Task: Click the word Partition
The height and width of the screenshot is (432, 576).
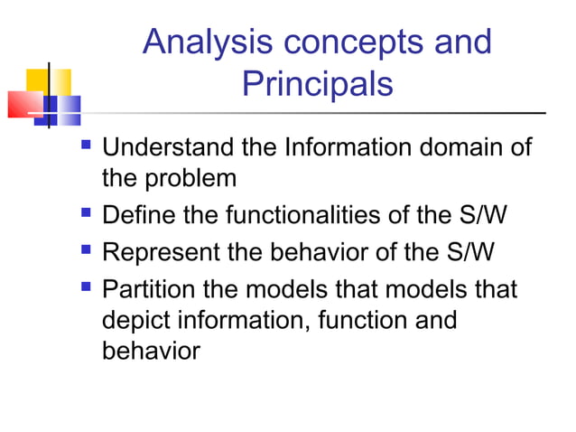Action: [153, 290]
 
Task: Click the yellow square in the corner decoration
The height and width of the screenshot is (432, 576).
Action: [36, 81]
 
